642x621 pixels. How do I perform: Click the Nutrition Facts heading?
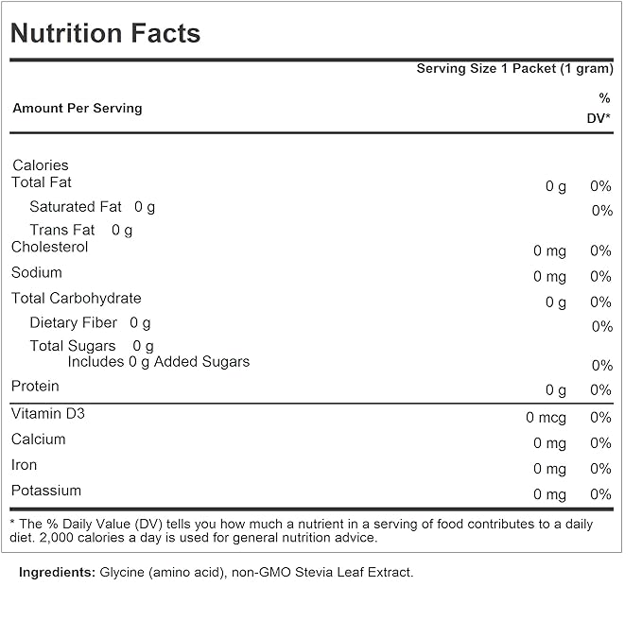[x=105, y=34]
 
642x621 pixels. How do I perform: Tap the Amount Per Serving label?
[x=77, y=109]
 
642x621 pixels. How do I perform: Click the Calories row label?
[x=41, y=165]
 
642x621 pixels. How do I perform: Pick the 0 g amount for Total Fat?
[x=556, y=186]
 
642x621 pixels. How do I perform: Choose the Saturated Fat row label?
[x=76, y=207]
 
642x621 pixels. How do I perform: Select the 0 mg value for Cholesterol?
[x=549, y=250]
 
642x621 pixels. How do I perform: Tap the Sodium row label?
[x=37, y=272]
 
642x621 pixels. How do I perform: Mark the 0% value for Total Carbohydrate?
[x=600, y=302]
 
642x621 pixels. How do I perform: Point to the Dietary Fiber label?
[x=74, y=323]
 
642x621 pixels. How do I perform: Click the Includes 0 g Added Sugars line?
[x=159, y=362]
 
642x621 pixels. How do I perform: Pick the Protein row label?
[x=35, y=386]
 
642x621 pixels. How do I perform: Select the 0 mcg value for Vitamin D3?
[x=547, y=417]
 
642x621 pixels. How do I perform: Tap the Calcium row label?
[x=39, y=440]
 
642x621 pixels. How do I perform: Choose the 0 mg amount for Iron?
[x=549, y=469]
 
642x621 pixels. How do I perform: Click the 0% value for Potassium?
[x=600, y=494]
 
